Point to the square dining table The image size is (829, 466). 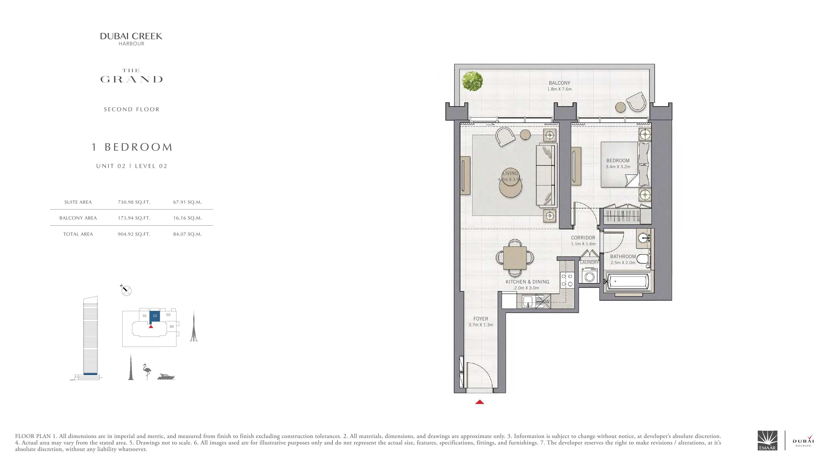[x=515, y=258]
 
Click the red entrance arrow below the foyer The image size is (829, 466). [x=479, y=402]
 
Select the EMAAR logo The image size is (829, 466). [x=767, y=445]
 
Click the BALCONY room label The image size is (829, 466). [x=559, y=83]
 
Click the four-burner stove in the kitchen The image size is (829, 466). [x=567, y=280]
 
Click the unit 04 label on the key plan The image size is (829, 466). [x=172, y=326]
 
